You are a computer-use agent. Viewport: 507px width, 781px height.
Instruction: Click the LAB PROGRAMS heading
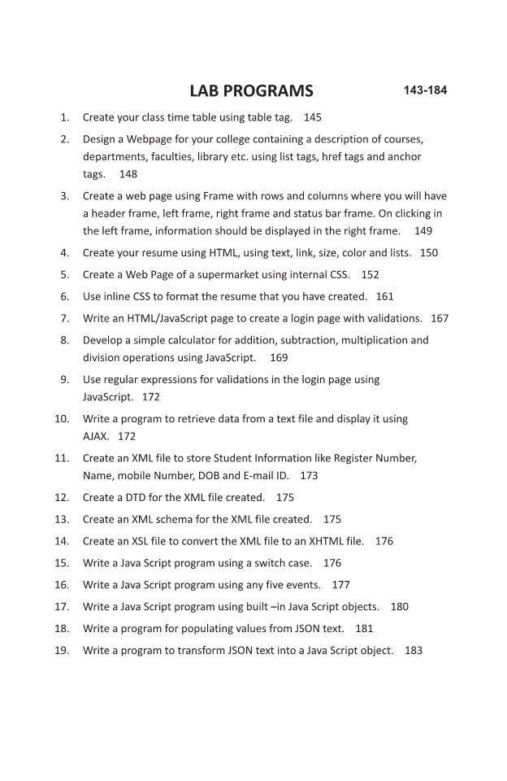[x=250, y=90]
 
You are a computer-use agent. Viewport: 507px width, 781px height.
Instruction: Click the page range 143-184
[x=425, y=89]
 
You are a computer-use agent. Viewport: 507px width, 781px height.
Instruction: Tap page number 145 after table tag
[x=313, y=117]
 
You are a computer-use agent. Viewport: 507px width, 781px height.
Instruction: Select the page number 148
[x=128, y=174]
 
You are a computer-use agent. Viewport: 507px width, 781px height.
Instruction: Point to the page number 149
[x=423, y=230]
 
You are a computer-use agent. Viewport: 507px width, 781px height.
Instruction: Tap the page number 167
[x=440, y=318]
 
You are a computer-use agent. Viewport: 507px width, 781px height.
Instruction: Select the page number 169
[x=279, y=357]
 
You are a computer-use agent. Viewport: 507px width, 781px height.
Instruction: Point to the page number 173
[x=309, y=475]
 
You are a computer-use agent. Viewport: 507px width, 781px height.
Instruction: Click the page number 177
[x=341, y=584]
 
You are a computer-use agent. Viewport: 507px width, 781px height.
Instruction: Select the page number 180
[x=400, y=606]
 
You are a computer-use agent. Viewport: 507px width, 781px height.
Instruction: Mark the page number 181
[x=365, y=628]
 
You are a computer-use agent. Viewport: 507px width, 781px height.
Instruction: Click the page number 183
[x=414, y=650]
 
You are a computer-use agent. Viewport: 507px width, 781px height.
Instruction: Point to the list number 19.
[x=62, y=650]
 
